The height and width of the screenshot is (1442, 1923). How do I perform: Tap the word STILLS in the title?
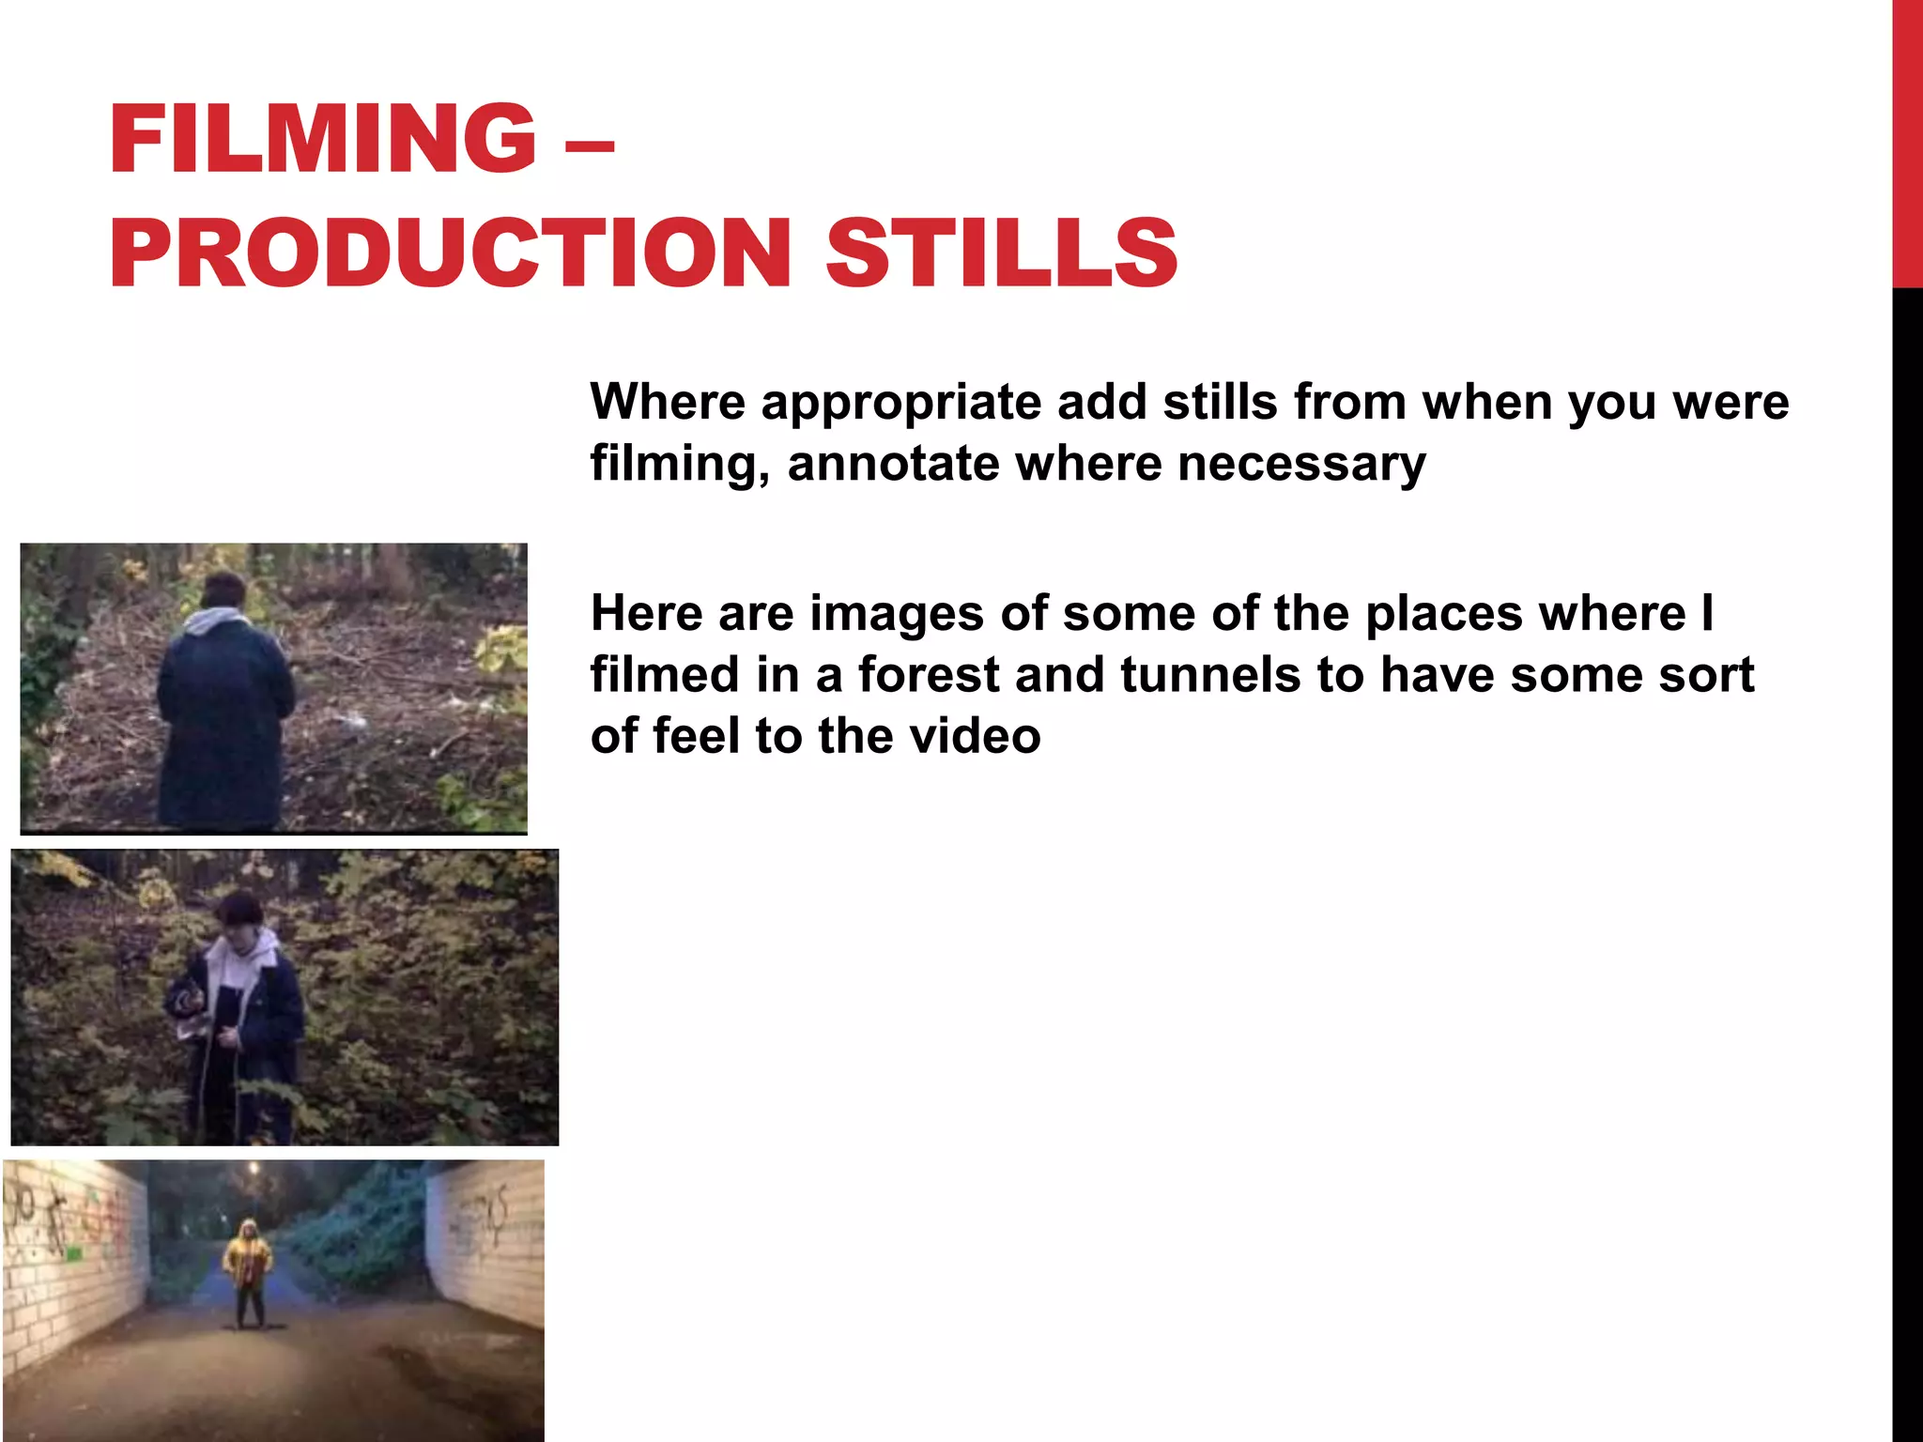point(1001,252)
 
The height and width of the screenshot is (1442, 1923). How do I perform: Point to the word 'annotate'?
point(893,464)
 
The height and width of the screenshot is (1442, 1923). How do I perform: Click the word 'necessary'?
point(1301,464)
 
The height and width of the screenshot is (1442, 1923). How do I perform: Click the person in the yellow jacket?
point(248,1267)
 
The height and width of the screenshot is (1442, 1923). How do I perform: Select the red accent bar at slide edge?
point(1907,141)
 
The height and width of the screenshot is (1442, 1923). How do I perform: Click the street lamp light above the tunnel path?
point(254,1169)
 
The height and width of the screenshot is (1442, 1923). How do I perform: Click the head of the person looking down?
point(238,913)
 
